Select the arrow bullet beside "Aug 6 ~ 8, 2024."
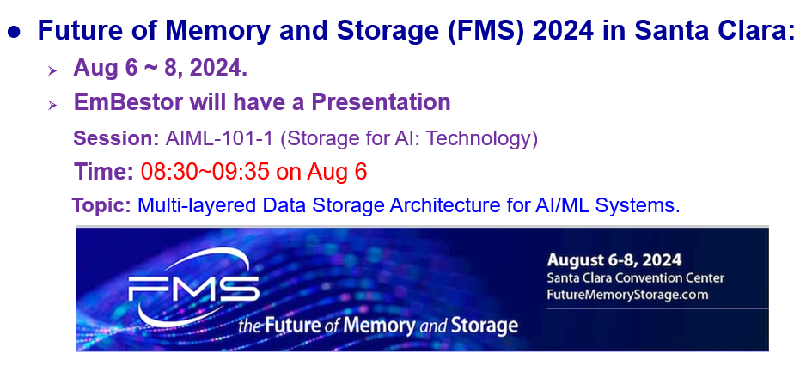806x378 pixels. [52, 70]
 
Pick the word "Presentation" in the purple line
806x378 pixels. [381, 101]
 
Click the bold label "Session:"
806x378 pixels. [116, 138]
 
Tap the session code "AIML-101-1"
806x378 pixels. [219, 138]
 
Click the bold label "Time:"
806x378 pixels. [104, 172]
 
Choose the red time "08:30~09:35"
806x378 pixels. [205, 172]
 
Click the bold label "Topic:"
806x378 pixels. [101, 206]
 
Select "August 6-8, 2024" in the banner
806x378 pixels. [614, 260]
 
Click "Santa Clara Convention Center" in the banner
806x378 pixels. [635, 278]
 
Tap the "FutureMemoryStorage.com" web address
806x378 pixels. [627, 295]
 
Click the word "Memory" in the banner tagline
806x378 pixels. [379, 325]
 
